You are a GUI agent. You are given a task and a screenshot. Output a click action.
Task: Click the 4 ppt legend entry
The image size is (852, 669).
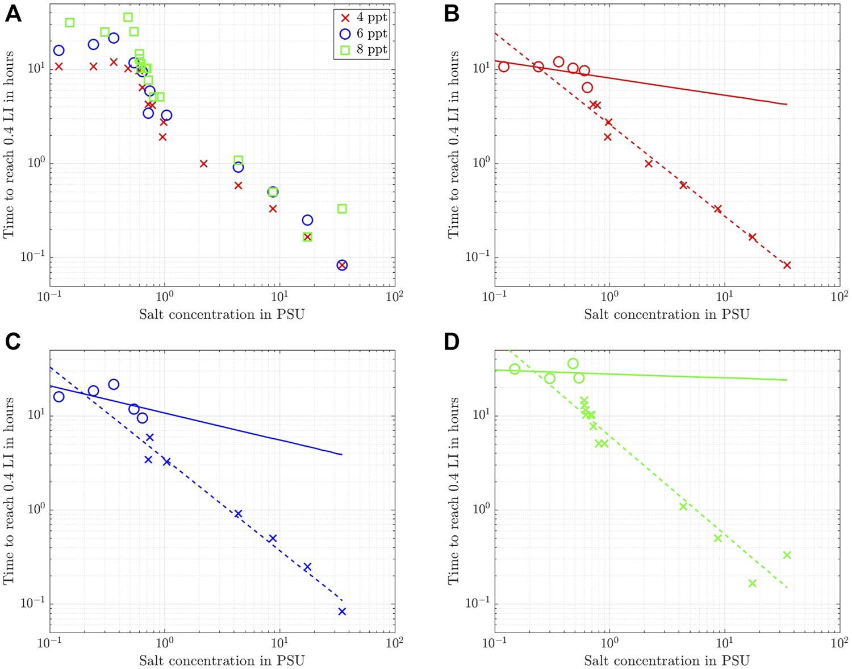point(361,18)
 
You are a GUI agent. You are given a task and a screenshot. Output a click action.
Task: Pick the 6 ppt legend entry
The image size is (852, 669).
point(361,34)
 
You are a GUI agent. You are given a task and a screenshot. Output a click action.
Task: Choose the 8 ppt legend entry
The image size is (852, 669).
point(361,49)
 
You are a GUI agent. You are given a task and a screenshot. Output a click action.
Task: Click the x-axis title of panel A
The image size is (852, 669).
point(222,314)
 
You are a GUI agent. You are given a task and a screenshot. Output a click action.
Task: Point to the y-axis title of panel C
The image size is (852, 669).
point(9,491)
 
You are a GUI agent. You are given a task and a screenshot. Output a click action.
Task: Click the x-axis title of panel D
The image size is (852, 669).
point(667,660)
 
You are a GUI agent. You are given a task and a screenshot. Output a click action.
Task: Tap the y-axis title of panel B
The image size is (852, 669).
point(454,144)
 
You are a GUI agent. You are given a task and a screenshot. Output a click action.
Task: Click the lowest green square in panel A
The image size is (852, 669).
point(307,237)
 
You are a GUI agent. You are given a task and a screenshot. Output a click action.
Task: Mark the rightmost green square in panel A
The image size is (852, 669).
point(342,209)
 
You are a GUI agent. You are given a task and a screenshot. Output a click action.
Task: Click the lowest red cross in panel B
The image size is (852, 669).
point(787,265)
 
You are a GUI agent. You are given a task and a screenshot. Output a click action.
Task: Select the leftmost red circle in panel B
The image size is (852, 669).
point(504,67)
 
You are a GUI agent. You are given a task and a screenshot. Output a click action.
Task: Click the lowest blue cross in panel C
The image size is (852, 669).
point(342,612)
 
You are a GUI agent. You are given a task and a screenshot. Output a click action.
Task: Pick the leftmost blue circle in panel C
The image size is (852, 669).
point(59,397)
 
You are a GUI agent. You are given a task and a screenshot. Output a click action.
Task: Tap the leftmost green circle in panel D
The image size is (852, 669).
point(515,369)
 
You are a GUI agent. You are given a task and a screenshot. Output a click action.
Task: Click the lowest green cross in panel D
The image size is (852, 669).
point(753,583)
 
